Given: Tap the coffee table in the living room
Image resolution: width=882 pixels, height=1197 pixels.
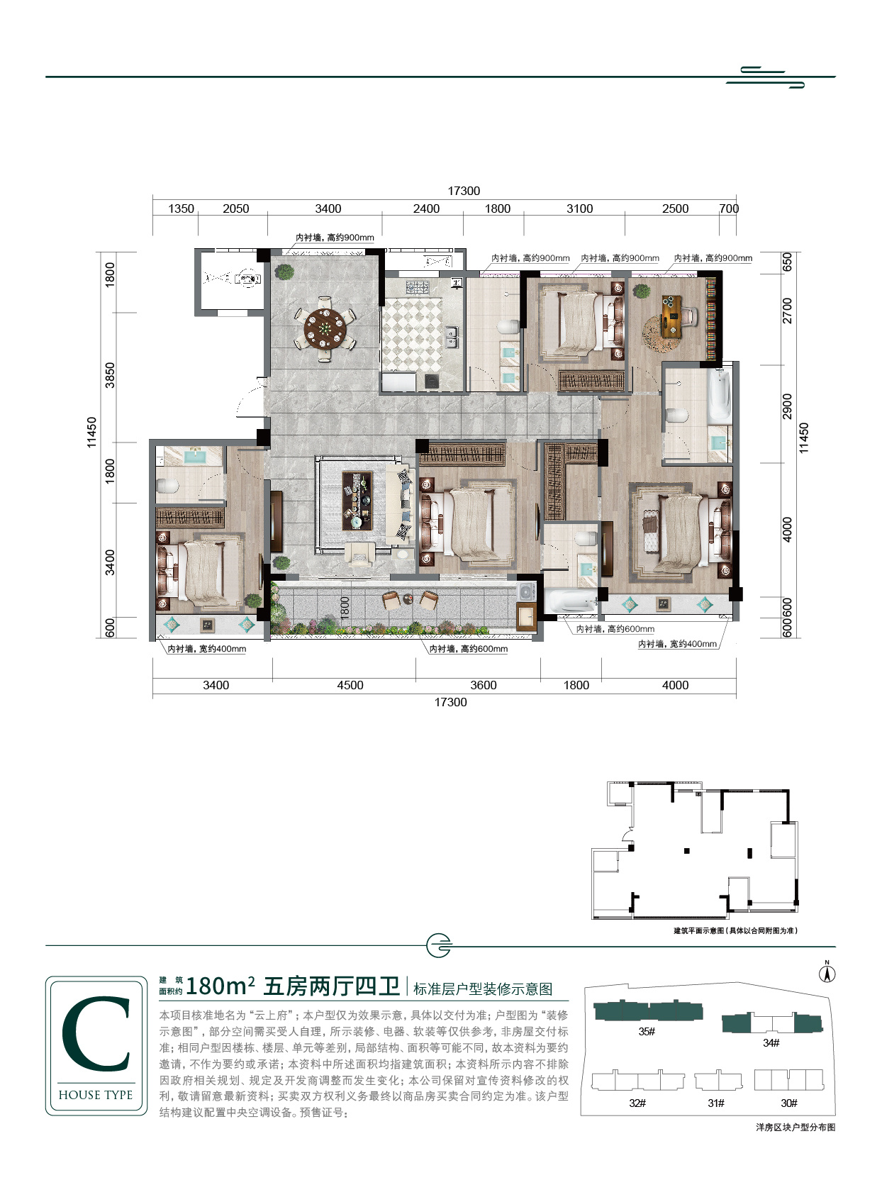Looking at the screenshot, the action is (x=357, y=501).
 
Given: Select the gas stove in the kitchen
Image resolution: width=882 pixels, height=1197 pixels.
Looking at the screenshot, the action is (x=417, y=287).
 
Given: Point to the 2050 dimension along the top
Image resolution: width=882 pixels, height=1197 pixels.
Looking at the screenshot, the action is (x=235, y=208).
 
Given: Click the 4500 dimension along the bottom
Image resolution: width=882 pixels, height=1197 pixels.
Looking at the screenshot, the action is (x=350, y=685).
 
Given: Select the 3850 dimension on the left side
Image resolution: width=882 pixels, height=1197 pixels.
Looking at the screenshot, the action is (x=110, y=375).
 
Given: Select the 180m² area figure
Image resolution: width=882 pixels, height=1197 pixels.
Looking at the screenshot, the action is (x=220, y=986).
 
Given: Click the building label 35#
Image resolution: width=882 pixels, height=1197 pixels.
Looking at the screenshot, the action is (x=647, y=1031).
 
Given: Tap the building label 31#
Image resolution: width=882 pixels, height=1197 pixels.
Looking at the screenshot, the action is (x=716, y=1103).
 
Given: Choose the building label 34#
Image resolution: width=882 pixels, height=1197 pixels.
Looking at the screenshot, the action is (x=771, y=1042).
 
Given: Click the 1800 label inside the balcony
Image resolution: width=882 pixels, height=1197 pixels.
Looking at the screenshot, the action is (x=345, y=608).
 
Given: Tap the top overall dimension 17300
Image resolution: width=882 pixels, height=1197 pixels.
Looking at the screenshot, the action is (x=464, y=191).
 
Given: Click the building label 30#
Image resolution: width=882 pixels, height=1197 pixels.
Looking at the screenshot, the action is (x=789, y=1103).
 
